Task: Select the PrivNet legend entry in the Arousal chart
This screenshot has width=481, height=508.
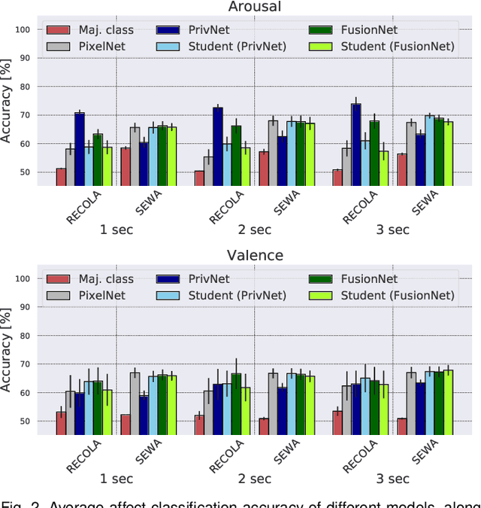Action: (x=192, y=30)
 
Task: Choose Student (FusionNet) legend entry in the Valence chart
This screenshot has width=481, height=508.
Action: (x=380, y=295)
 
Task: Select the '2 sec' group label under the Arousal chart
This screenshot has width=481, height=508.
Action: (x=255, y=230)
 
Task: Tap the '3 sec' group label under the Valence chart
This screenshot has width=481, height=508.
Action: (x=392, y=478)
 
